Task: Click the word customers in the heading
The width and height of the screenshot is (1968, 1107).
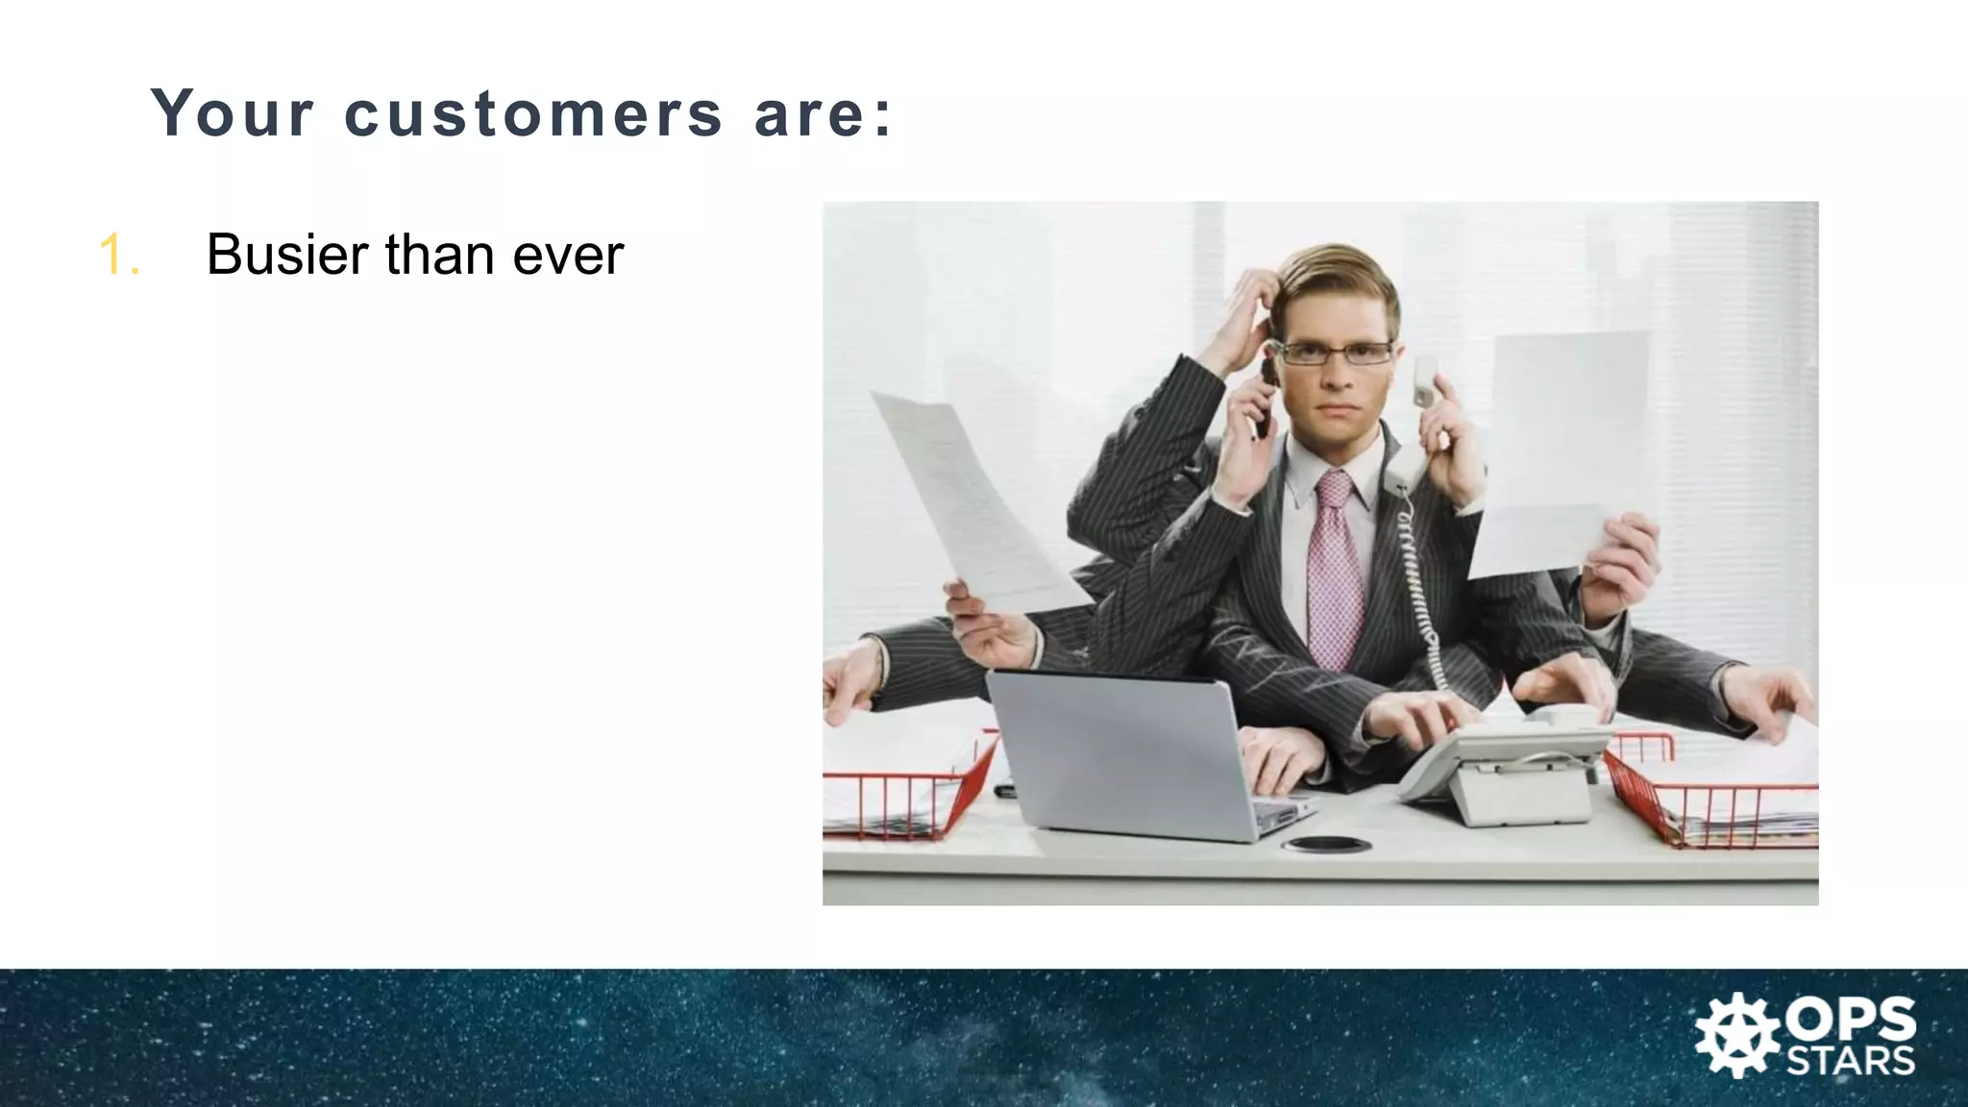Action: [x=532, y=113]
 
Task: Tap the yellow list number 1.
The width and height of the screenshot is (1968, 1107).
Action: [x=119, y=256]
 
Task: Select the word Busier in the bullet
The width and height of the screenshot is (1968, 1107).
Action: [x=287, y=255]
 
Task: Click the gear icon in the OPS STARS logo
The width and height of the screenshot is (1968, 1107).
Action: [x=1736, y=1035]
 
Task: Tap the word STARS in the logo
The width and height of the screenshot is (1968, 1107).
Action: [x=1850, y=1061]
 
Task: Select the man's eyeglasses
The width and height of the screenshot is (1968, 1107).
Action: [x=1336, y=353]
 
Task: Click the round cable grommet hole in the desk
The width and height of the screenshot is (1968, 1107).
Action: [x=1326, y=845]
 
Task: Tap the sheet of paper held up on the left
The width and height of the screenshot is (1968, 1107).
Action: [x=971, y=500]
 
